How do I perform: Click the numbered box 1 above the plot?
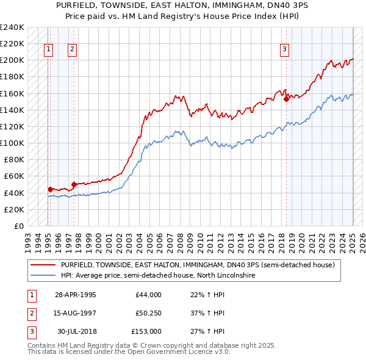(x=48, y=50)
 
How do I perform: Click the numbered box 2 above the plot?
(x=72, y=50)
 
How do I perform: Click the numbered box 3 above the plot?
(x=284, y=50)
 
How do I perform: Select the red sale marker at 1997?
(x=74, y=184)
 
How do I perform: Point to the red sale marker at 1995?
(x=50, y=189)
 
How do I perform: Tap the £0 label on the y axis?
(x=18, y=226)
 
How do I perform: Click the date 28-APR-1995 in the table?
(x=76, y=295)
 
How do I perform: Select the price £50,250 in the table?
(x=149, y=313)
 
